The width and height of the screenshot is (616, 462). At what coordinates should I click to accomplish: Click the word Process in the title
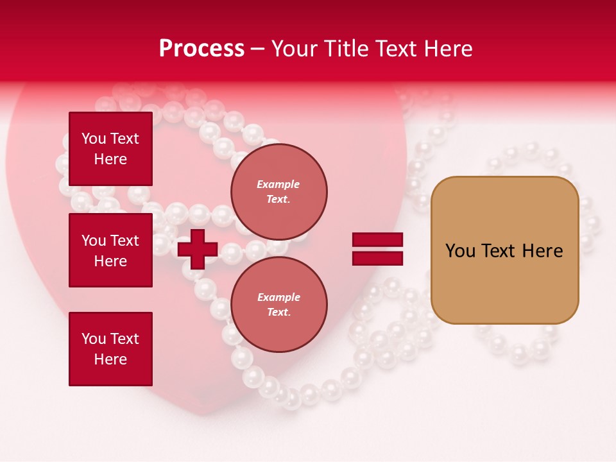[201, 49]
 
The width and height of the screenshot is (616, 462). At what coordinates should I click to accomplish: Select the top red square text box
[110, 149]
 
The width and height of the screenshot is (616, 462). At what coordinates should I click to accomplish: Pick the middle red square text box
[110, 250]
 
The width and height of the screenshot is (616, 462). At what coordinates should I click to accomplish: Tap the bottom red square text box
[110, 348]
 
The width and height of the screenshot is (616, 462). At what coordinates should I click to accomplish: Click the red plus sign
[198, 249]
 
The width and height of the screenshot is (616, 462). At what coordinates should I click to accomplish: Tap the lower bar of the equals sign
[377, 258]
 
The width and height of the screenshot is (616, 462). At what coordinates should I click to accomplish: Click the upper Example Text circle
[278, 191]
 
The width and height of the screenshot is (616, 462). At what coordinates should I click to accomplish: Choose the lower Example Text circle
[278, 304]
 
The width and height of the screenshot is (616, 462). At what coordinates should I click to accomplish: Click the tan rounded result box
[504, 250]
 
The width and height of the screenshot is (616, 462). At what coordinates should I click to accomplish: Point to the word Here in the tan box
[542, 251]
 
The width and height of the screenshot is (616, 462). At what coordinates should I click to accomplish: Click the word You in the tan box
[460, 251]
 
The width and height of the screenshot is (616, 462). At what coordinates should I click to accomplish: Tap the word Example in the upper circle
[278, 184]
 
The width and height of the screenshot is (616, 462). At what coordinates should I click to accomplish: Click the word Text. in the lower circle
[278, 312]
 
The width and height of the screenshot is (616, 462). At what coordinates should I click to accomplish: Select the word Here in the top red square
[110, 159]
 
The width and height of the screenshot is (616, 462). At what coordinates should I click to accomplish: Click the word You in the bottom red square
[94, 339]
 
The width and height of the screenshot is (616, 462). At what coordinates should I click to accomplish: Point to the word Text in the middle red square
[124, 241]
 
